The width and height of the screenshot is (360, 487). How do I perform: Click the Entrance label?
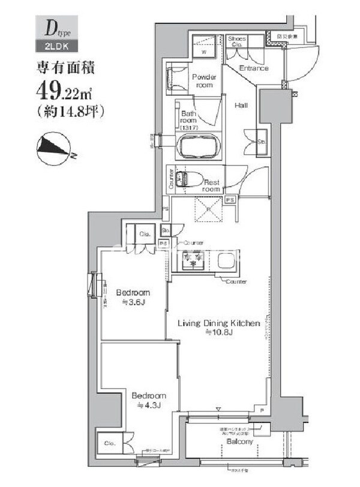click(254, 69)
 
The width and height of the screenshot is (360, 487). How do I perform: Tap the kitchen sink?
click(227, 260)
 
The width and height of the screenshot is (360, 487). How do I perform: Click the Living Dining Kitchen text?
click(218, 323)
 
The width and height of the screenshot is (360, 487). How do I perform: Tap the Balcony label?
click(239, 442)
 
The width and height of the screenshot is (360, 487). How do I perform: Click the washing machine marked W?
click(205, 47)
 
